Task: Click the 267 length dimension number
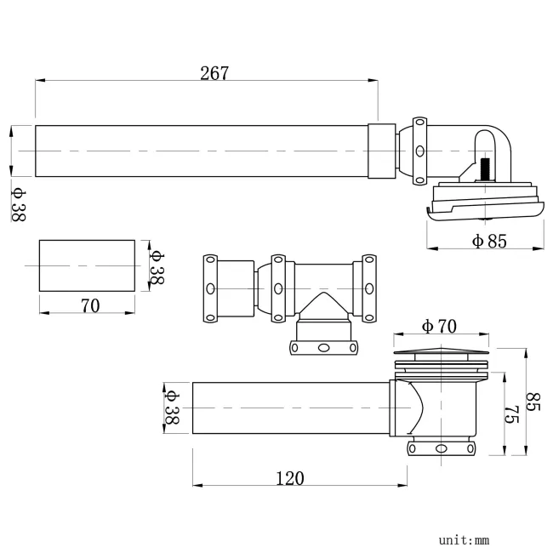click(x=214, y=73)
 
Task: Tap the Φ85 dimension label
click(x=488, y=241)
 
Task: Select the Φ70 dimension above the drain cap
click(x=439, y=326)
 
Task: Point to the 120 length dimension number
click(x=289, y=478)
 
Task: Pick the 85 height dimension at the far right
click(x=535, y=401)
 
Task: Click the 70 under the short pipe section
click(x=90, y=305)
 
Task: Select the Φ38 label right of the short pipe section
click(x=157, y=266)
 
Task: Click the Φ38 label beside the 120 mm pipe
click(x=171, y=408)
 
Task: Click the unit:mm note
click(x=464, y=539)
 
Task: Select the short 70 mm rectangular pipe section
click(x=87, y=266)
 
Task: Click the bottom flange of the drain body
click(x=440, y=448)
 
